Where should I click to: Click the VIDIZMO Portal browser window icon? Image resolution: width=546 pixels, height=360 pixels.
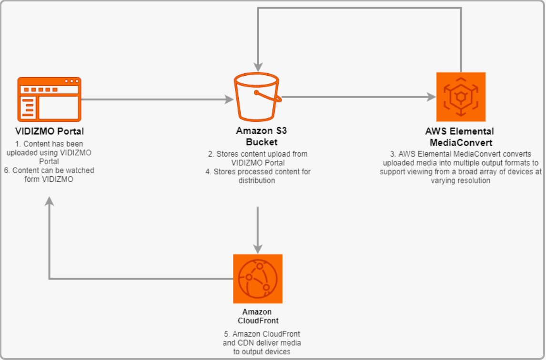(x=50, y=99)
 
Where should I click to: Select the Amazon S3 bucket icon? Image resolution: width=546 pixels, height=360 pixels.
(x=256, y=97)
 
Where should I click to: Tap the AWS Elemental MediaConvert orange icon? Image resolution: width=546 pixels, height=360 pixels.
(x=461, y=97)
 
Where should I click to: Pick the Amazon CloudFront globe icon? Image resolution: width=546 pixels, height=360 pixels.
(x=257, y=279)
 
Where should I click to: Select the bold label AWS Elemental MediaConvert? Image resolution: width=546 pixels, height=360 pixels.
(x=460, y=136)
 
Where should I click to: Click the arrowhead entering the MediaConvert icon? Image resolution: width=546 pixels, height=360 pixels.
(x=432, y=97)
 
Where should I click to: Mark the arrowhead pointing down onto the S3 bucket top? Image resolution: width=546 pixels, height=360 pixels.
(x=258, y=67)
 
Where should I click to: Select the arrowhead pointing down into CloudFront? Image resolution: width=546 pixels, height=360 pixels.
(x=258, y=249)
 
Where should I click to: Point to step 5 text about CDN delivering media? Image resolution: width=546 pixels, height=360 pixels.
(x=262, y=342)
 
